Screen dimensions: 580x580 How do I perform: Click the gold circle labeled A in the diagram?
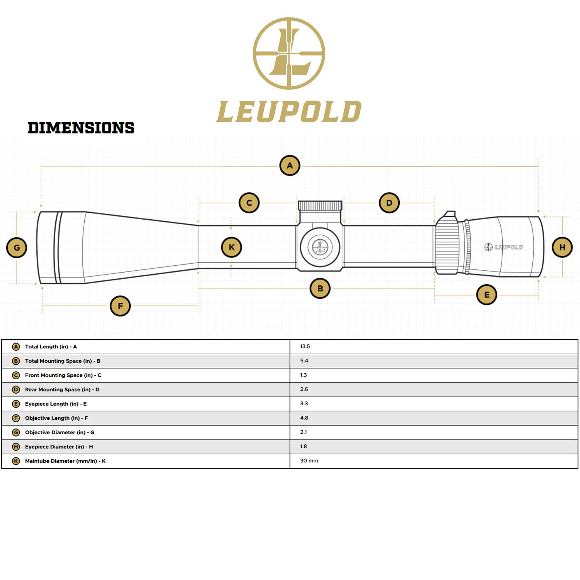coord(290,165)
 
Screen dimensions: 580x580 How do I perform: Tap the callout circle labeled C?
coord(249,203)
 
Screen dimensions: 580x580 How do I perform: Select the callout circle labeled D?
coord(389,203)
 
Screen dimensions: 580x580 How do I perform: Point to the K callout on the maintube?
coord(231,247)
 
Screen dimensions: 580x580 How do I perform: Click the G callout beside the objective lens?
coord(17,248)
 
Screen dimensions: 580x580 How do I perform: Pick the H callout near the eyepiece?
coord(562,247)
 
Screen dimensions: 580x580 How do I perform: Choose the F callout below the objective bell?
coord(120,306)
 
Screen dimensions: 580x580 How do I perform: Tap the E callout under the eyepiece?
coord(486,295)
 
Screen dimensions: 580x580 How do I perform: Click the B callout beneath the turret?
coord(320,288)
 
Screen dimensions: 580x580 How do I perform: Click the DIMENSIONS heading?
coord(81,128)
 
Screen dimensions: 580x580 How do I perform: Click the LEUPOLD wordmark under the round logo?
coord(289,112)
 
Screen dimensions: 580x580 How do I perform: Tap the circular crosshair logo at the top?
coord(289,53)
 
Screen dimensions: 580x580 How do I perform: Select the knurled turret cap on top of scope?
coord(320,206)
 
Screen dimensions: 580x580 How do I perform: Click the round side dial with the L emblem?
coord(320,247)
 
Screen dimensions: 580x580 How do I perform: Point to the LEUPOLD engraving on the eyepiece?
coord(504,247)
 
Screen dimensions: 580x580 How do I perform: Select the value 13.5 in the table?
coord(305,346)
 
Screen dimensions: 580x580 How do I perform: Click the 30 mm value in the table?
coord(309,461)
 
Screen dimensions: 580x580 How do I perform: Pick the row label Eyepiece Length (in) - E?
coord(56,404)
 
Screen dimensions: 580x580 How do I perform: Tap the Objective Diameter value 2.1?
coord(304,432)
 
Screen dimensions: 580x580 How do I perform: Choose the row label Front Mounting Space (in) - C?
coord(63,375)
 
